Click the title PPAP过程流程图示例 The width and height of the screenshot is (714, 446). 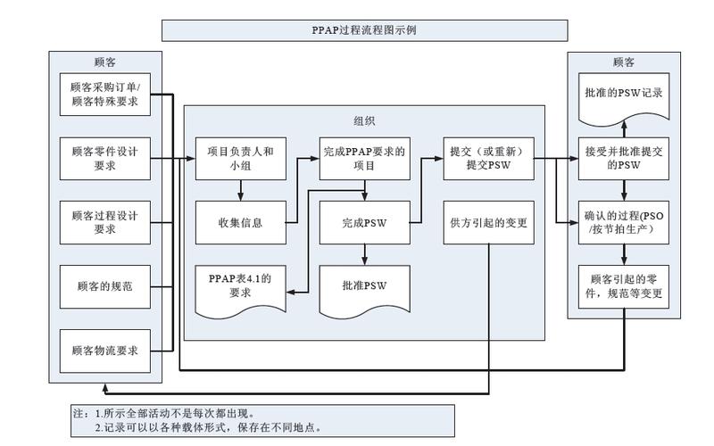tap(364, 29)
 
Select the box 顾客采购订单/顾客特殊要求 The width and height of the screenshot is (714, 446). tap(104, 95)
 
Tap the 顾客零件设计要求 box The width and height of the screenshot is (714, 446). tap(104, 159)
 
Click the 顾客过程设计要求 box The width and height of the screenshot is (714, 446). tap(104, 222)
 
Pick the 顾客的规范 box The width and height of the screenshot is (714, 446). tap(104, 286)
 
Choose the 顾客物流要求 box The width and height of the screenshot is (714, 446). tap(104, 351)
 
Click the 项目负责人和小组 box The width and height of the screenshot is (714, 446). tap(240, 159)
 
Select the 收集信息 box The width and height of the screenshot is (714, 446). tap(240, 222)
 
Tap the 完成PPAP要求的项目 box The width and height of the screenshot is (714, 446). tap(364, 159)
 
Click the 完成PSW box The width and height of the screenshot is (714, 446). tap(364, 222)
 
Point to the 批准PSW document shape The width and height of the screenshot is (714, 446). tap(364, 285)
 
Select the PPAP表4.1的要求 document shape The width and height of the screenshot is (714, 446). tap(240, 285)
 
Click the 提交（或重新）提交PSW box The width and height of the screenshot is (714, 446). tap(488, 159)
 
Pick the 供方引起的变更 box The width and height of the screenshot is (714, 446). tap(488, 222)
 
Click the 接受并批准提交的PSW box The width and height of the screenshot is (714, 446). tap(623, 159)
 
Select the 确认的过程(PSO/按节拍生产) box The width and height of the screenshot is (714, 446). tap(623, 222)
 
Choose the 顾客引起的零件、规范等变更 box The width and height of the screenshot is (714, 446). tap(623, 285)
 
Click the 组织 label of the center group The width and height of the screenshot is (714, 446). tap(364, 120)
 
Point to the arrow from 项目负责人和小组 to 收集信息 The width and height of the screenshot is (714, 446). tap(240, 190)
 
